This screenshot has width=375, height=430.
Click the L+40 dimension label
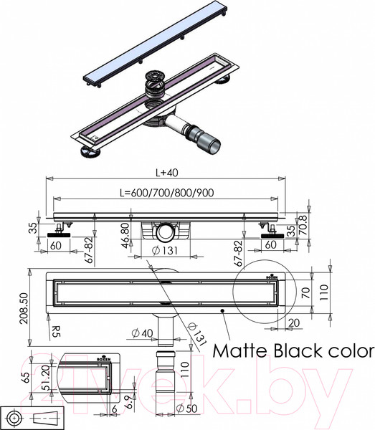pos(167,173)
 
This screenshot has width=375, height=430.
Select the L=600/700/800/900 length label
pos(167,193)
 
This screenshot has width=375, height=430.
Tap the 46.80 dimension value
pos(125,236)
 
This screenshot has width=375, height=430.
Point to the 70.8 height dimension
pos(303,225)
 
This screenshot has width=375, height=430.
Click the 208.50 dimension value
pos(24,308)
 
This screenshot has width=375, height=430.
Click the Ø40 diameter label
pos(142,333)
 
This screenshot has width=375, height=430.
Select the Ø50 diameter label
pos(186,408)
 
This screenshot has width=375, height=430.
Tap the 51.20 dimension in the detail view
pos(47,378)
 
